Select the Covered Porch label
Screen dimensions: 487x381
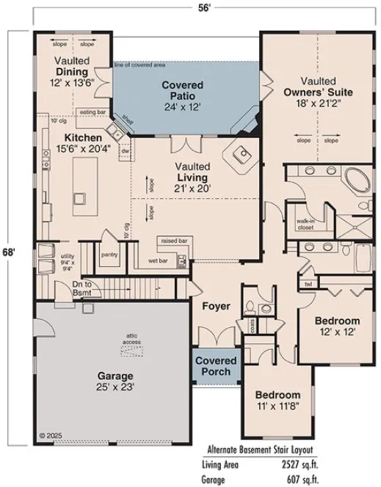pyautogui.click(x=216, y=366)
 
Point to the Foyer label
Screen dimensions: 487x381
pyautogui.click(x=217, y=306)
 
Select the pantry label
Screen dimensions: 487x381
pyautogui.click(x=110, y=255)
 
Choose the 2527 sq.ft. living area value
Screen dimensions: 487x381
pyautogui.click(x=335, y=464)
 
